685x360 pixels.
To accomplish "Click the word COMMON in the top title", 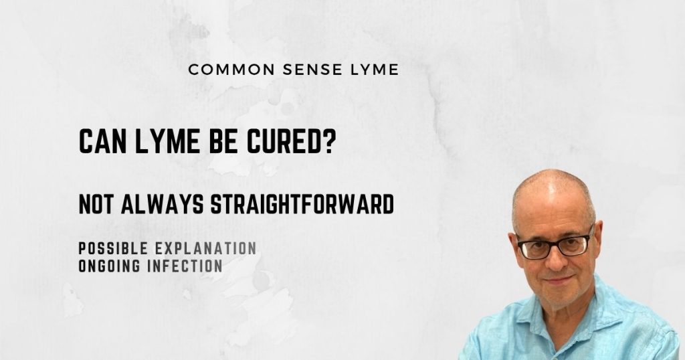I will pos(223,69).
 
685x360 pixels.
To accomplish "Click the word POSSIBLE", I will pos(114,249).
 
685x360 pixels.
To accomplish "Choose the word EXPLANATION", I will pos(205,249).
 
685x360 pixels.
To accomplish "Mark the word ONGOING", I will pos(110,266).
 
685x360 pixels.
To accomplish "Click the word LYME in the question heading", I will pos(162,141).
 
